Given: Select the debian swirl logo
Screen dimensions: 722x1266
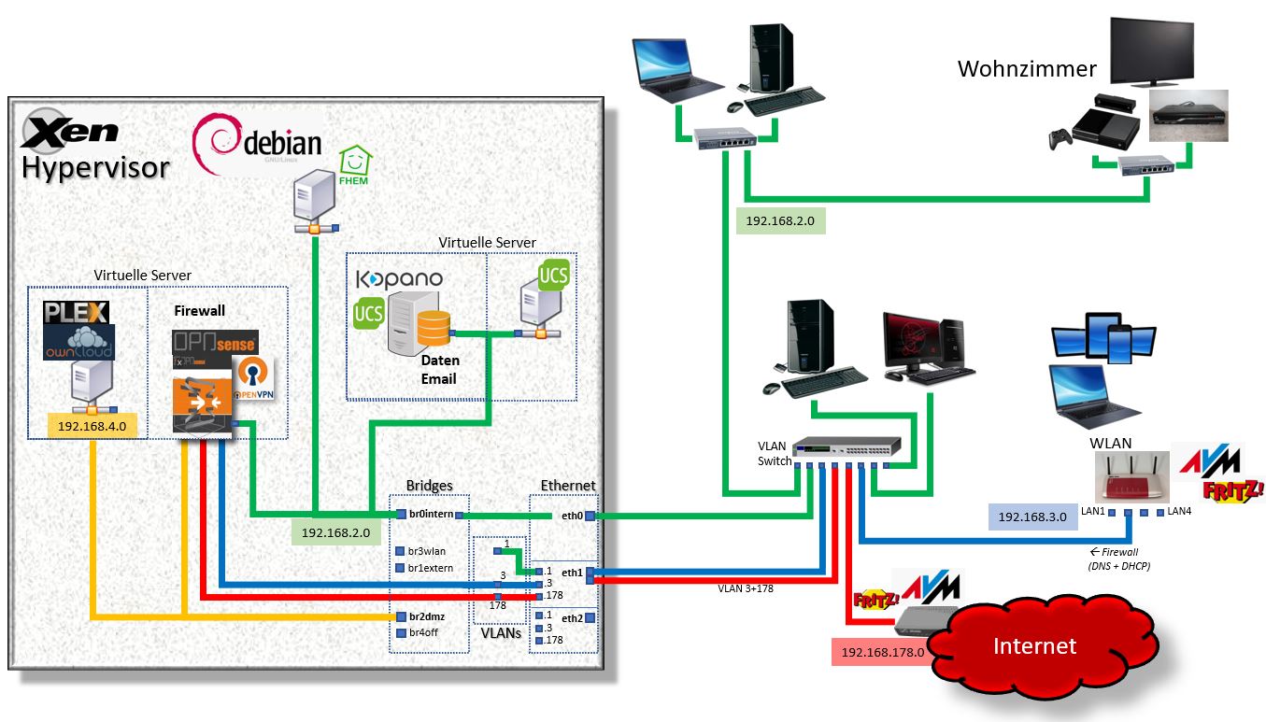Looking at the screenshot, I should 216,140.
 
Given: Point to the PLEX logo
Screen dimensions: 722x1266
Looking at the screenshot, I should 77,312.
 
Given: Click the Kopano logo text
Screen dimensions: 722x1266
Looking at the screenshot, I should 399,279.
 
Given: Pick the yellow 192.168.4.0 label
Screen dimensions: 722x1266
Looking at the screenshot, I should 92,427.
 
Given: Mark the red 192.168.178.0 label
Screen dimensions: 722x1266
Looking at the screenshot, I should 884,652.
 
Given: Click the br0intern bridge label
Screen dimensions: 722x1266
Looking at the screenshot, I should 431,515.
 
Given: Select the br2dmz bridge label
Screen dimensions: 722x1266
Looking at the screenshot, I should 426,616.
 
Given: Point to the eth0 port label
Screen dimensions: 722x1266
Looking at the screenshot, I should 572,515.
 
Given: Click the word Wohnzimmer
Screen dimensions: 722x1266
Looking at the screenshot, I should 1027,69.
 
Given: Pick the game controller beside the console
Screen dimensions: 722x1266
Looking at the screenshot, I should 1059,138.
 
